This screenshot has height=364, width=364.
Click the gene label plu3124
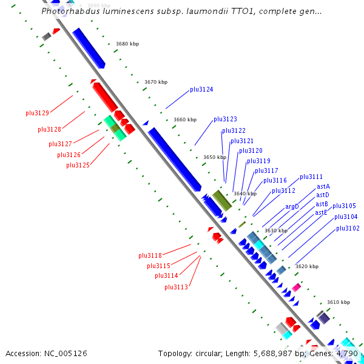pyautogui.click(x=201, y=90)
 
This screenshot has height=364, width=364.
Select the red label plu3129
pyautogui.click(x=37, y=113)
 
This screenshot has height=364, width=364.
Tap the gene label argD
pyautogui.click(x=292, y=207)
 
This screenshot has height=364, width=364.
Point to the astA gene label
pyautogui.click(x=323, y=186)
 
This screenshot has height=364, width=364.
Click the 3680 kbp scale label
pyautogui.click(x=127, y=44)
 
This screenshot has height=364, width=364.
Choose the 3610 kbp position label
pyautogui.click(x=339, y=302)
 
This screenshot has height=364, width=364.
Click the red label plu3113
pyautogui.click(x=176, y=287)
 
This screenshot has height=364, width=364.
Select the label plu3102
pyautogui.click(x=348, y=229)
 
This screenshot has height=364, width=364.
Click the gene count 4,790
pyautogui.click(x=347, y=353)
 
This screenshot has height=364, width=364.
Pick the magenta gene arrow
pyautogui.click(x=296, y=287)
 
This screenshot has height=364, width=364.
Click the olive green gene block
pyautogui.click(x=222, y=200)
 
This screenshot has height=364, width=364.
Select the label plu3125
pyautogui.click(x=78, y=165)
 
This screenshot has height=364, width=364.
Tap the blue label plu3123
pyautogui.click(x=225, y=120)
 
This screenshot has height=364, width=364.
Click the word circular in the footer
pyautogui.click(x=231, y=353)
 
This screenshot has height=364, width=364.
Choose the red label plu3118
pyautogui.click(x=150, y=255)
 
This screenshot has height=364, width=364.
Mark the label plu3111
pyautogui.click(x=311, y=177)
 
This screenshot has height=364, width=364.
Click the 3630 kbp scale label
pyautogui.click(x=276, y=231)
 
